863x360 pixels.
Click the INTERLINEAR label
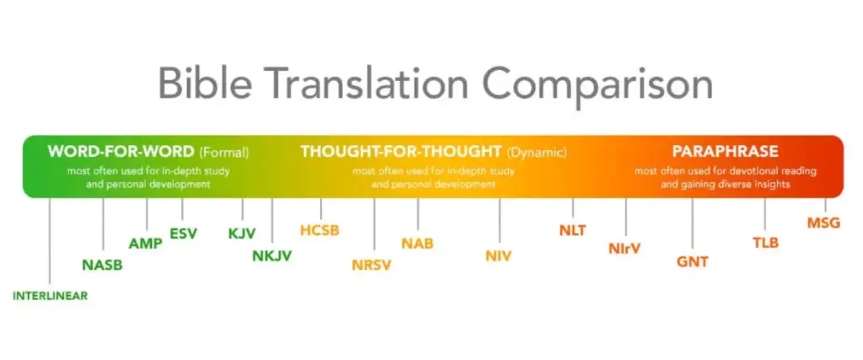[50, 296]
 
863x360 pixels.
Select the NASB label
[102, 266]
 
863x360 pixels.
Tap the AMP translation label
[146, 244]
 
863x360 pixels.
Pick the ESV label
[183, 234]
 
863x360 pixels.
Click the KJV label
[242, 234]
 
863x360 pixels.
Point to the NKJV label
[272, 256]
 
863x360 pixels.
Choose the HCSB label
[319, 230]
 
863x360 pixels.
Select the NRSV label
[372, 266]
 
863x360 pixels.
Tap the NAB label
[417, 244]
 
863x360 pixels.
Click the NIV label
[499, 256]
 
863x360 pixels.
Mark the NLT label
[573, 231]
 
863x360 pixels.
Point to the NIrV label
[624, 249]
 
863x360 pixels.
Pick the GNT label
[693, 262]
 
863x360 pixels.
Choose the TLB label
[765, 243]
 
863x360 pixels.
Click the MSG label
[824, 223]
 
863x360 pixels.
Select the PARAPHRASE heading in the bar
[725, 152]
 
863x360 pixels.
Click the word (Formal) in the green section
[224, 152]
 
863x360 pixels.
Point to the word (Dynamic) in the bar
[537, 152]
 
